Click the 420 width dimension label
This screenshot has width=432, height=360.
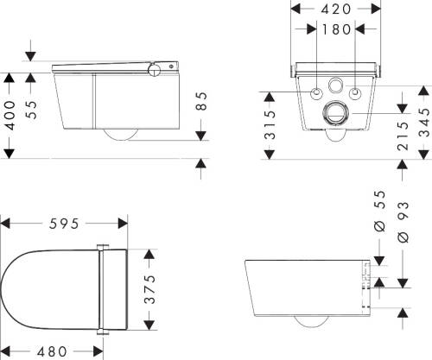pos(336,9)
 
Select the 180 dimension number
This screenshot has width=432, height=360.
pos(336,29)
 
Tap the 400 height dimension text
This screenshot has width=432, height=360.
pos(10,115)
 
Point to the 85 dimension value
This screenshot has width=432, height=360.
pos(202,101)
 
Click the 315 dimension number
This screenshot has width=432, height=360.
pos(270,124)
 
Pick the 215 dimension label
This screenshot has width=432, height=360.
pos(403,136)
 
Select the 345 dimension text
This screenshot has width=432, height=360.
pos(423,122)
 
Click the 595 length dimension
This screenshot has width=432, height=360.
pos(64,224)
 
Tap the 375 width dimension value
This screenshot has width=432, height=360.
pos(149,289)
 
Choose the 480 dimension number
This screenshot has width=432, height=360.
pos(52,351)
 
